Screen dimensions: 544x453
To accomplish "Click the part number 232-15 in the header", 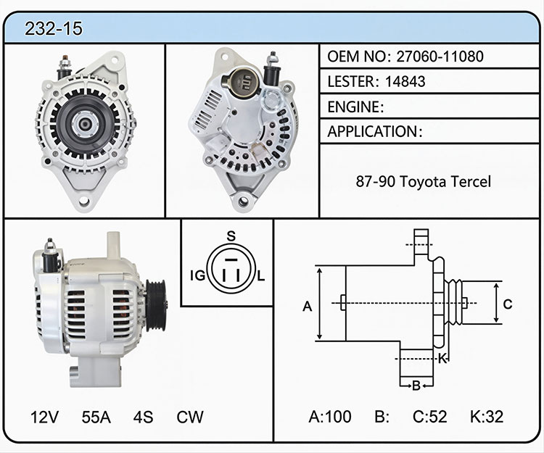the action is (x=54, y=28).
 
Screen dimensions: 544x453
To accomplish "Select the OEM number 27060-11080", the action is (x=440, y=56).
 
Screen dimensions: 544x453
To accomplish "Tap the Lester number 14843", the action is (x=405, y=81).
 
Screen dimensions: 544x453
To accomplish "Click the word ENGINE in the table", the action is (x=353, y=107).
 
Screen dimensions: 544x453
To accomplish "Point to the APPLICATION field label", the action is (x=372, y=131).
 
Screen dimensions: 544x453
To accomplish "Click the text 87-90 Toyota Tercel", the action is (x=424, y=181).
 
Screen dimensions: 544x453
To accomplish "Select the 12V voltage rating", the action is (x=44, y=417).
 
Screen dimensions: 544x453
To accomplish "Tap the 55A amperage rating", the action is (x=96, y=417).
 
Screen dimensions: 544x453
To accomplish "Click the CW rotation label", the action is (x=190, y=417).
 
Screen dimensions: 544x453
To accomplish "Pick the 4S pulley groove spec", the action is (x=143, y=417).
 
